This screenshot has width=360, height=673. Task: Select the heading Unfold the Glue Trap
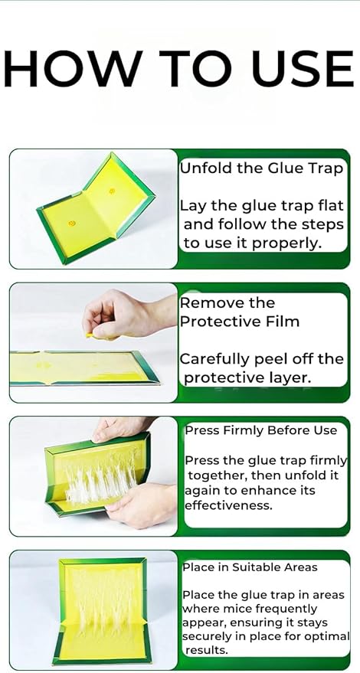pos(260,168)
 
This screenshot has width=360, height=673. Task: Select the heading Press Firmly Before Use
pos(260,430)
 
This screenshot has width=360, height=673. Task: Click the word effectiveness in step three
pos(227,505)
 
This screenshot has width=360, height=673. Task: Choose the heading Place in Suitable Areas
pos(250,567)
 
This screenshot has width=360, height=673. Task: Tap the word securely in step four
pos(210,636)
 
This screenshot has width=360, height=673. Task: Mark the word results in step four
pos(207,650)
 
